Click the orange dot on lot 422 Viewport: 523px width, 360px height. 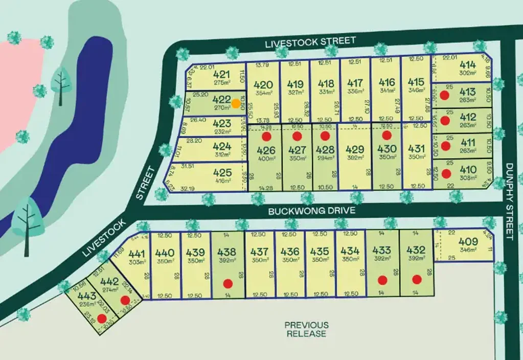235,104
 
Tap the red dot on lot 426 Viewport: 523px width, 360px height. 266,137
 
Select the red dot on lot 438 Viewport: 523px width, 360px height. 228,283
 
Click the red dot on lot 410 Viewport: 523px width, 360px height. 446,174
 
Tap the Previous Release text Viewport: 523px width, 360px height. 306,329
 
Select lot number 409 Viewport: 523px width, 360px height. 468,242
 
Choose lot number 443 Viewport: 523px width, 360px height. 87,296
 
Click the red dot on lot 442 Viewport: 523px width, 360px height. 124,300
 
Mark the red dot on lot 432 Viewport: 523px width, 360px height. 417,279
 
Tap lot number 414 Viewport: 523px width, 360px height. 468,65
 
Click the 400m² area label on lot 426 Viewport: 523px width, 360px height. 266,159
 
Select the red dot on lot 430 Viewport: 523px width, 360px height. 387,136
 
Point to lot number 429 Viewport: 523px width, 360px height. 354,149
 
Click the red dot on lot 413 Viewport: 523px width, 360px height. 445,95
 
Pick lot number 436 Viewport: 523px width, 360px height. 290,252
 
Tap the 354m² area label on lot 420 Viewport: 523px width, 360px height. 263,94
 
